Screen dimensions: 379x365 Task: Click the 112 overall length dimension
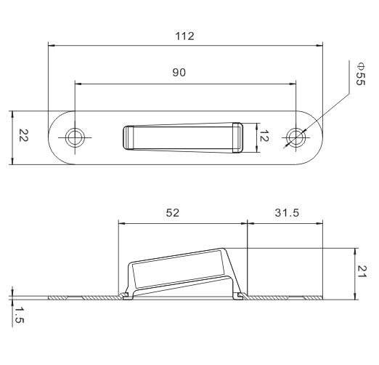pos(184,36)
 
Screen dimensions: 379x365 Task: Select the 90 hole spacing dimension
pos(179,73)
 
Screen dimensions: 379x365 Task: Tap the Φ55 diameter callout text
pos(360,74)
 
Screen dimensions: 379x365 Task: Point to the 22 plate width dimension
pos(24,135)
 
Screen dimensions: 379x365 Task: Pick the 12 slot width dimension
pos(264,136)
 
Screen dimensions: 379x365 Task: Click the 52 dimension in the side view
pos(173,213)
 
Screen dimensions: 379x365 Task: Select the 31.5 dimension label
pos(287,213)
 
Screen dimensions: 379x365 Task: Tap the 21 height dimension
pos(362,271)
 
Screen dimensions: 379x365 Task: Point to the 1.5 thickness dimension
pos(19,315)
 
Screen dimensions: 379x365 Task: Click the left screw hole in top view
pos(75,137)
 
